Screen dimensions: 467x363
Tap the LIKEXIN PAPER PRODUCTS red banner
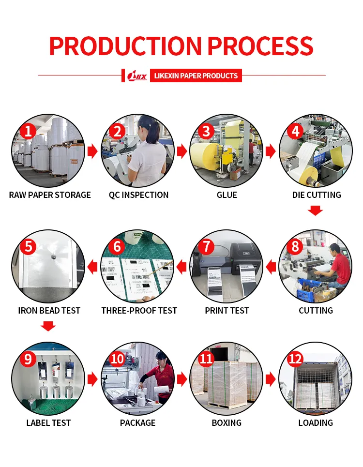point(196,75)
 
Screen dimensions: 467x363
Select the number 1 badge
point(28,131)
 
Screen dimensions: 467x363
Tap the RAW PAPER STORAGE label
point(50,195)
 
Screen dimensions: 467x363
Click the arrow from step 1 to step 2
point(92,151)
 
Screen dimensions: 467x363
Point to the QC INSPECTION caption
point(139,195)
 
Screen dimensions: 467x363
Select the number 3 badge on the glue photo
point(206,131)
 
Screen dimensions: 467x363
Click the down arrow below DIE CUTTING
point(316,211)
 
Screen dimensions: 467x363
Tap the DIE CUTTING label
point(317,195)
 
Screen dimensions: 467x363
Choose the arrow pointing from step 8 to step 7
point(271,266)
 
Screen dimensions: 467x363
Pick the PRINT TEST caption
point(227,311)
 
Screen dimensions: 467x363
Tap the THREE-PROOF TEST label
point(139,311)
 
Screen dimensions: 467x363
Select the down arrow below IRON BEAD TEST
point(48,326)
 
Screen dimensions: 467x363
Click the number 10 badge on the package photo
point(118,359)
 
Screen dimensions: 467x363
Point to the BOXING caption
point(227,423)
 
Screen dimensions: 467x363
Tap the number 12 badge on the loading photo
point(295,359)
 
